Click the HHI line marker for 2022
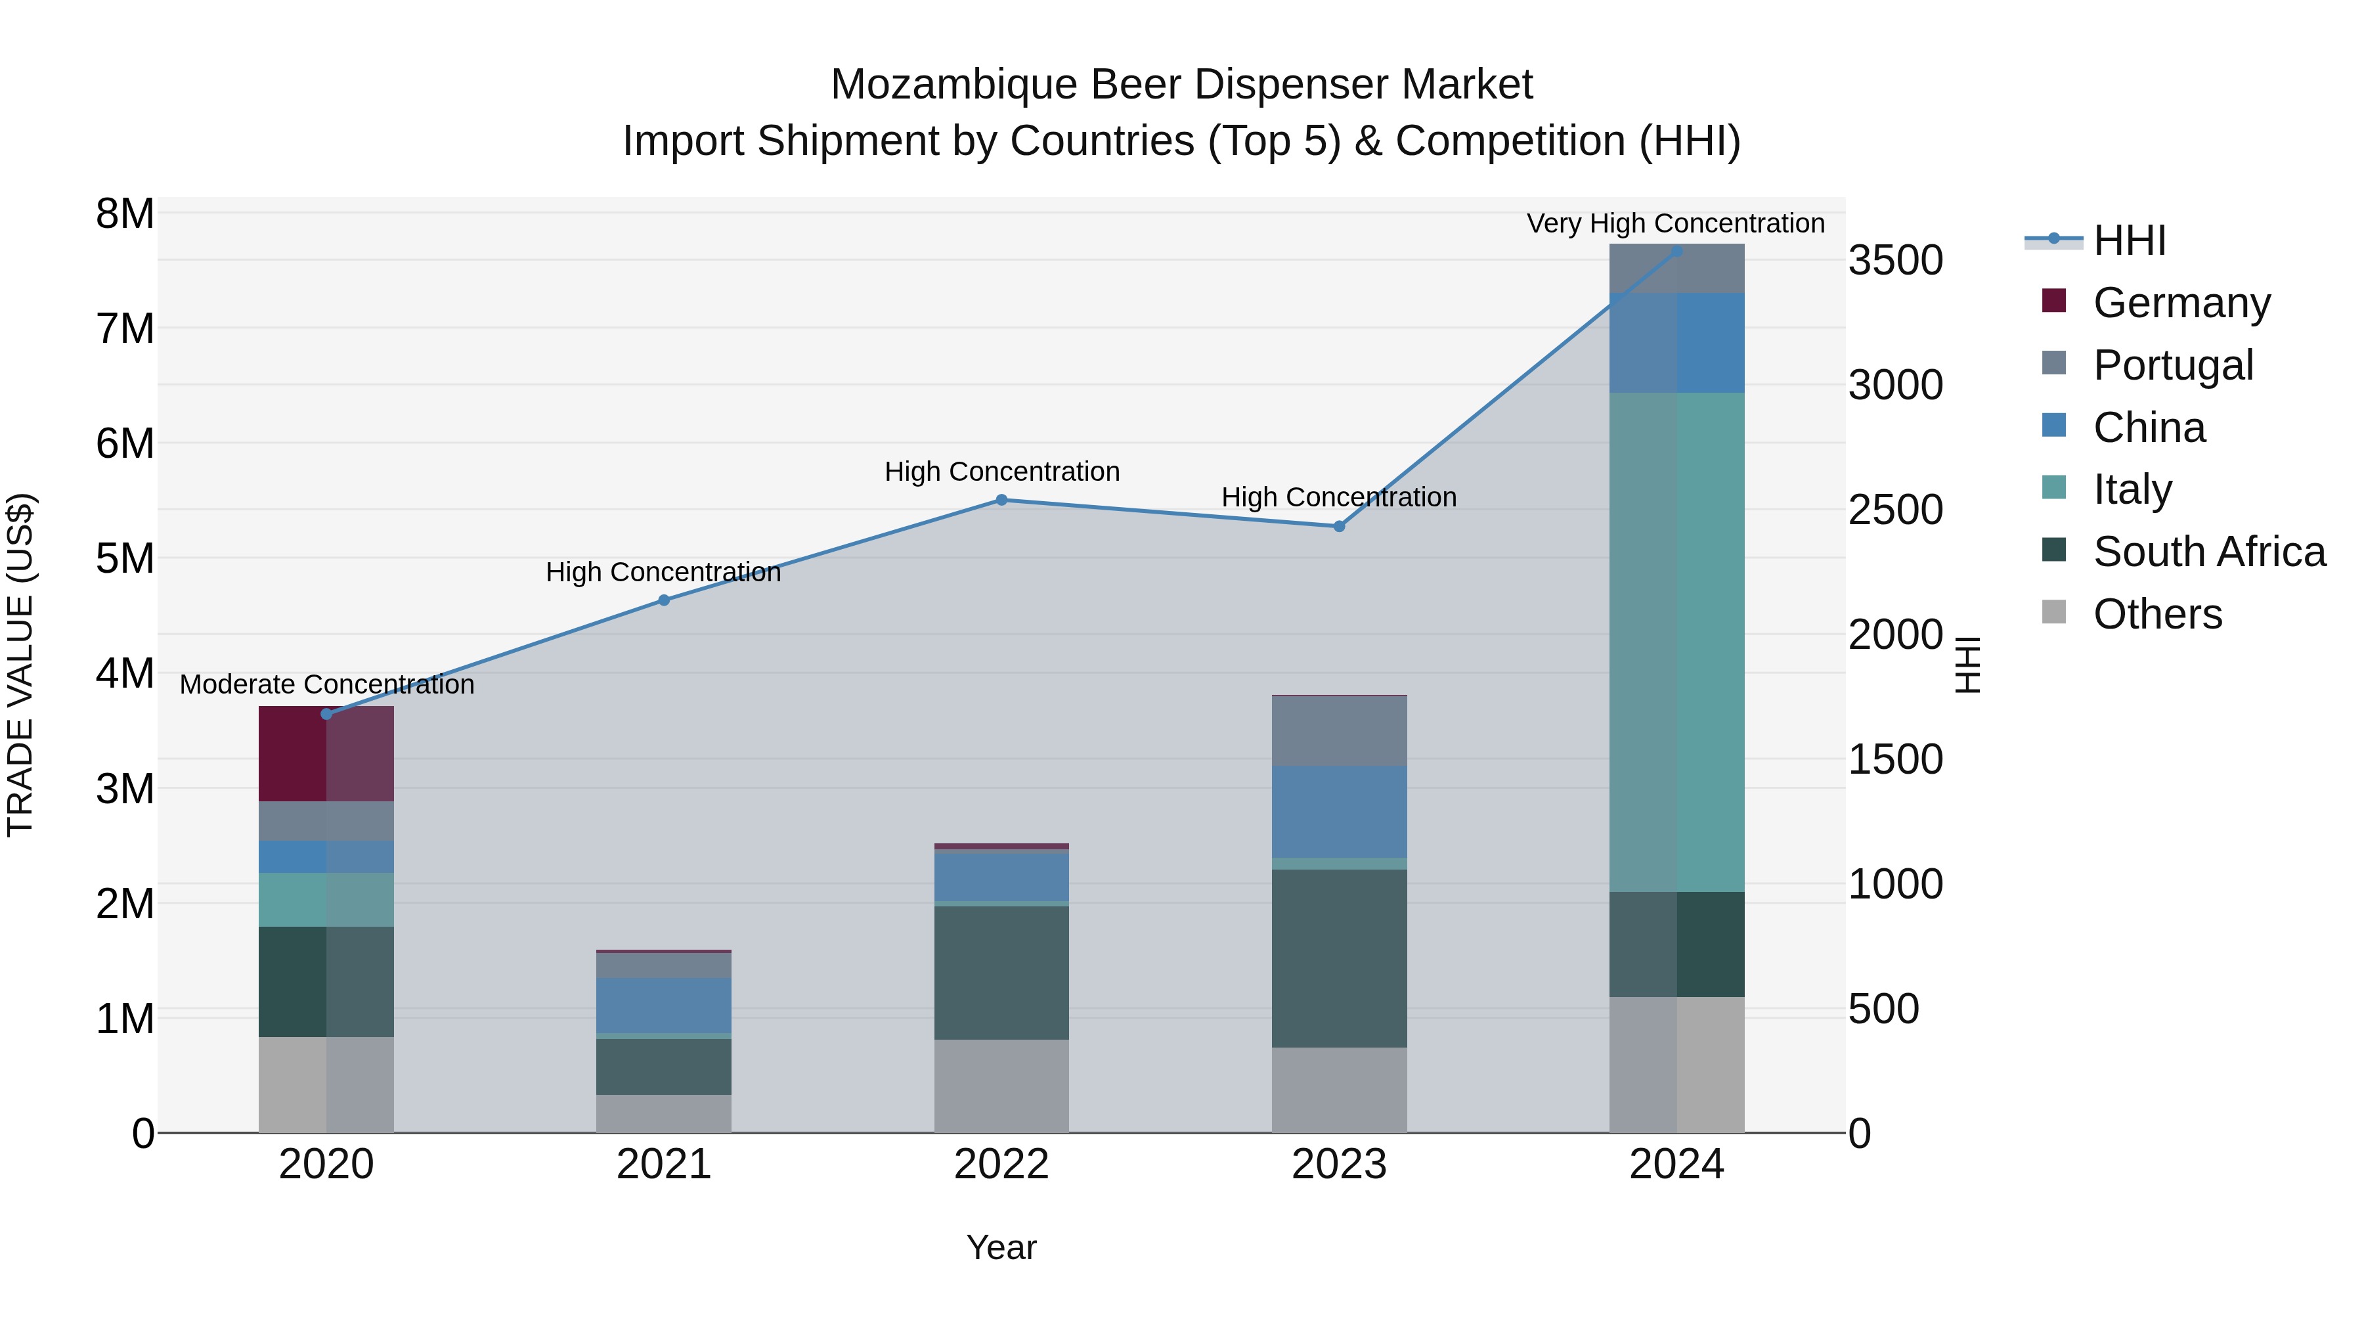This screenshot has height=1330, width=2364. (1001, 500)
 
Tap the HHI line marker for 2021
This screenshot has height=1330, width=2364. (663, 600)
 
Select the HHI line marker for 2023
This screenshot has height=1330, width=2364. (1339, 526)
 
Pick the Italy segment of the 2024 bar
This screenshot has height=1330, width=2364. (1676, 642)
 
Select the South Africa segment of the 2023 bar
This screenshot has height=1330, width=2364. (1339, 958)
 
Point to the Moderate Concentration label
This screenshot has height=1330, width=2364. (327, 685)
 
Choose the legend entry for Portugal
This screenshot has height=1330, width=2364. (2172, 365)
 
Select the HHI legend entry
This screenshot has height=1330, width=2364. (2128, 240)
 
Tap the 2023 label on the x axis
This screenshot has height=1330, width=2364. (1339, 1164)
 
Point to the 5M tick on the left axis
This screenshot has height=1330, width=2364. (125, 558)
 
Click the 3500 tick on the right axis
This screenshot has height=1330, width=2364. (1895, 261)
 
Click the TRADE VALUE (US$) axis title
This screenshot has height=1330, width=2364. (21, 665)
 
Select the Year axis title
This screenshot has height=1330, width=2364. (1001, 1247)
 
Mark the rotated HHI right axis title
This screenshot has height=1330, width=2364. (1967, 665)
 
